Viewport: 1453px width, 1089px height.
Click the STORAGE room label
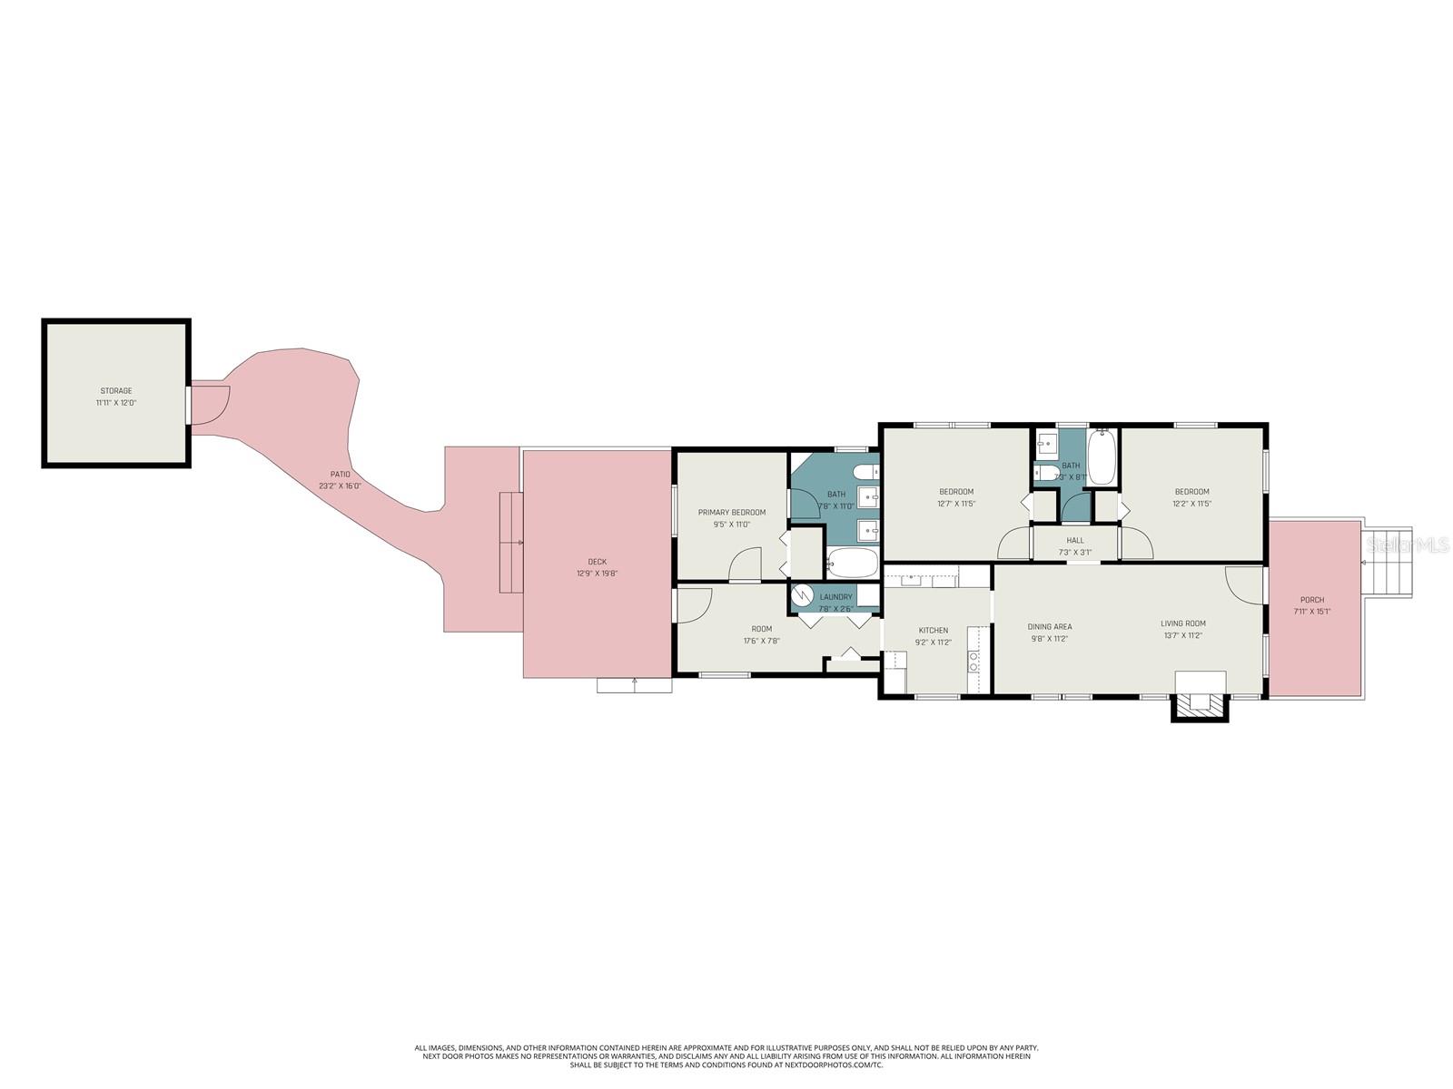coord(115,391)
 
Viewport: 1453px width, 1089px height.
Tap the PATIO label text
coord(340,475)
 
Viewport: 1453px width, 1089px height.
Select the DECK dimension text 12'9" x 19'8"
coord(597,574)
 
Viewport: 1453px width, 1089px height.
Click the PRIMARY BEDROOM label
coord(731,513)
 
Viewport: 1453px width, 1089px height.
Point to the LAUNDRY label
coord(835,597)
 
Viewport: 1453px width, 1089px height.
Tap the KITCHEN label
coord(933,631)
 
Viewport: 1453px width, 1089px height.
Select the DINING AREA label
coord(1049,627)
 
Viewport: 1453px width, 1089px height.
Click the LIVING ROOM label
coord(1182,623)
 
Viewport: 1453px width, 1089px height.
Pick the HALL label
coord(1075,541)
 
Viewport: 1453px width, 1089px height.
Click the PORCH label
coord(1311,600)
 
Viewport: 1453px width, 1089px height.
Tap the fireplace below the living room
coord(1200,700)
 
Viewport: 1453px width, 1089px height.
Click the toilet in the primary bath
coord(866,471)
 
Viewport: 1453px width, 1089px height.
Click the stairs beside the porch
coord(1389,562)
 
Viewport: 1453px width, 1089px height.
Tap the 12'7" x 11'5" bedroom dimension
coord(955,504)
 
